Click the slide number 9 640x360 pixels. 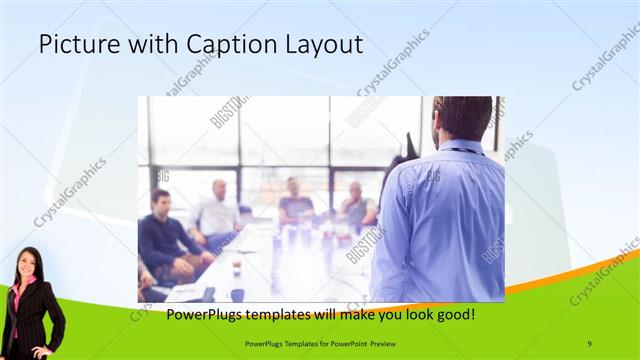coord(590,344)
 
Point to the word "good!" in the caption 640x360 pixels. coord(451,315)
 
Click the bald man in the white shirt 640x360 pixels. coord(217,210)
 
